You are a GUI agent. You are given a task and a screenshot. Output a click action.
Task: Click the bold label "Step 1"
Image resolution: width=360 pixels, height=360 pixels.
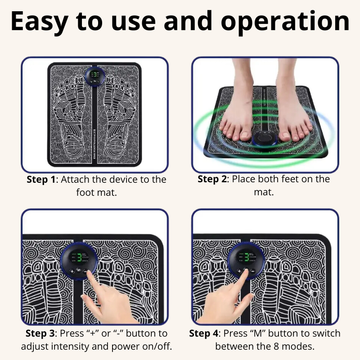coord(41,180)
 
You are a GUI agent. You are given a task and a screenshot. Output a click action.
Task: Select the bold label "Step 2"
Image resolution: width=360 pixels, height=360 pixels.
coord(212,179)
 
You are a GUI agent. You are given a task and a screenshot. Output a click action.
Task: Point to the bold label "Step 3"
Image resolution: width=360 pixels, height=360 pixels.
coord(40,333)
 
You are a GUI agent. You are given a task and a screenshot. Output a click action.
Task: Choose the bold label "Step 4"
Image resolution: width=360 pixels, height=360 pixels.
coord(203,333)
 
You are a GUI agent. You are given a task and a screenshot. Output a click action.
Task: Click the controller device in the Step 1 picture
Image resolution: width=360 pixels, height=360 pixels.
coord(95,76)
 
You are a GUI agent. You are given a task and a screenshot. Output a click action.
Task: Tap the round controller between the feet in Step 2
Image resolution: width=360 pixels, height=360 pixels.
coord(264,139)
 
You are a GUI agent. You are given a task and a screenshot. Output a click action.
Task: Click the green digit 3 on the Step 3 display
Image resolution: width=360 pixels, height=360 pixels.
coord(79,257)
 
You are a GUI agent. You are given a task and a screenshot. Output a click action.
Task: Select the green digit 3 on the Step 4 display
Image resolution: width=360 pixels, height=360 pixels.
coord(247,257)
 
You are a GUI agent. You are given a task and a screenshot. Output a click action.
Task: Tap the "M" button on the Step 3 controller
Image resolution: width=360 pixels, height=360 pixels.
coord(78,270)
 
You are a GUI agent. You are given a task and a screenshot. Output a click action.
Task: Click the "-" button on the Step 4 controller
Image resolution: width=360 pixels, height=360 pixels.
coord(252,271)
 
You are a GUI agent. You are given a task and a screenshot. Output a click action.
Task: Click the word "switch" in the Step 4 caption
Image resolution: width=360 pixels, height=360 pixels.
coord(326,333)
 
